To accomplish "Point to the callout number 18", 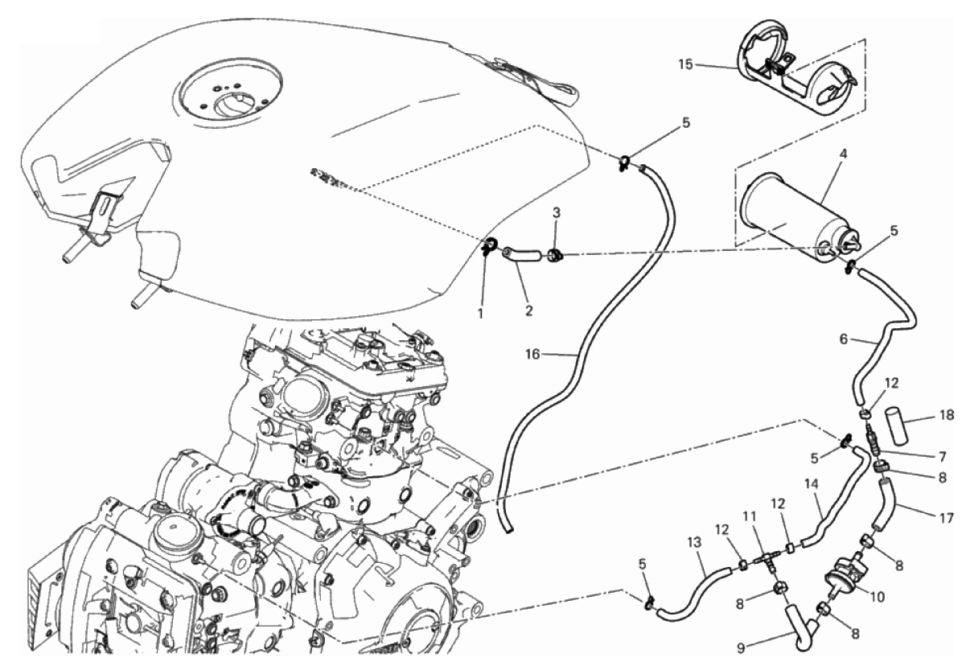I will tap(947, 415).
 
